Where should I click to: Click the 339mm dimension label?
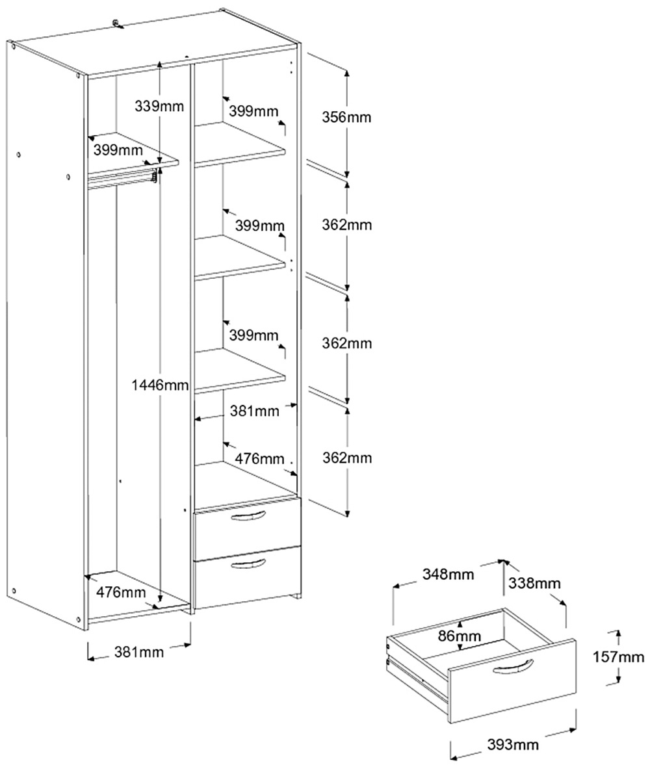pyautogui.click(x=159, y=105)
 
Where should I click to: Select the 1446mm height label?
pyautogui.click(x=160, y=385)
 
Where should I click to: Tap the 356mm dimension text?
pyautogui.click(x=347, y=118)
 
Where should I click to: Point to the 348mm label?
pyautogui.click(x=448, y=575)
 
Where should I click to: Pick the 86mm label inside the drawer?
pyautogui.click(x=459, y=636)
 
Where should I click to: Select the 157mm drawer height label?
pyautogui.click(x=618, y=657)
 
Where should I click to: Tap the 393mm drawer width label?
pyautogui.click(x=513, y=745)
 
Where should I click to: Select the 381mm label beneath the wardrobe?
pyautogui.click(x=138, y=652)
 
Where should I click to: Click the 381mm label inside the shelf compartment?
pyautogui.click(x=254, y=411)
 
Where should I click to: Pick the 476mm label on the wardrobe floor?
pyautogui.click(x=121, y=592)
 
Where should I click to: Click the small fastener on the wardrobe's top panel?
pyautogui.click(x=116, y=24)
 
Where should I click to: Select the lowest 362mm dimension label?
pyautogui.click(x=347, y=458)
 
